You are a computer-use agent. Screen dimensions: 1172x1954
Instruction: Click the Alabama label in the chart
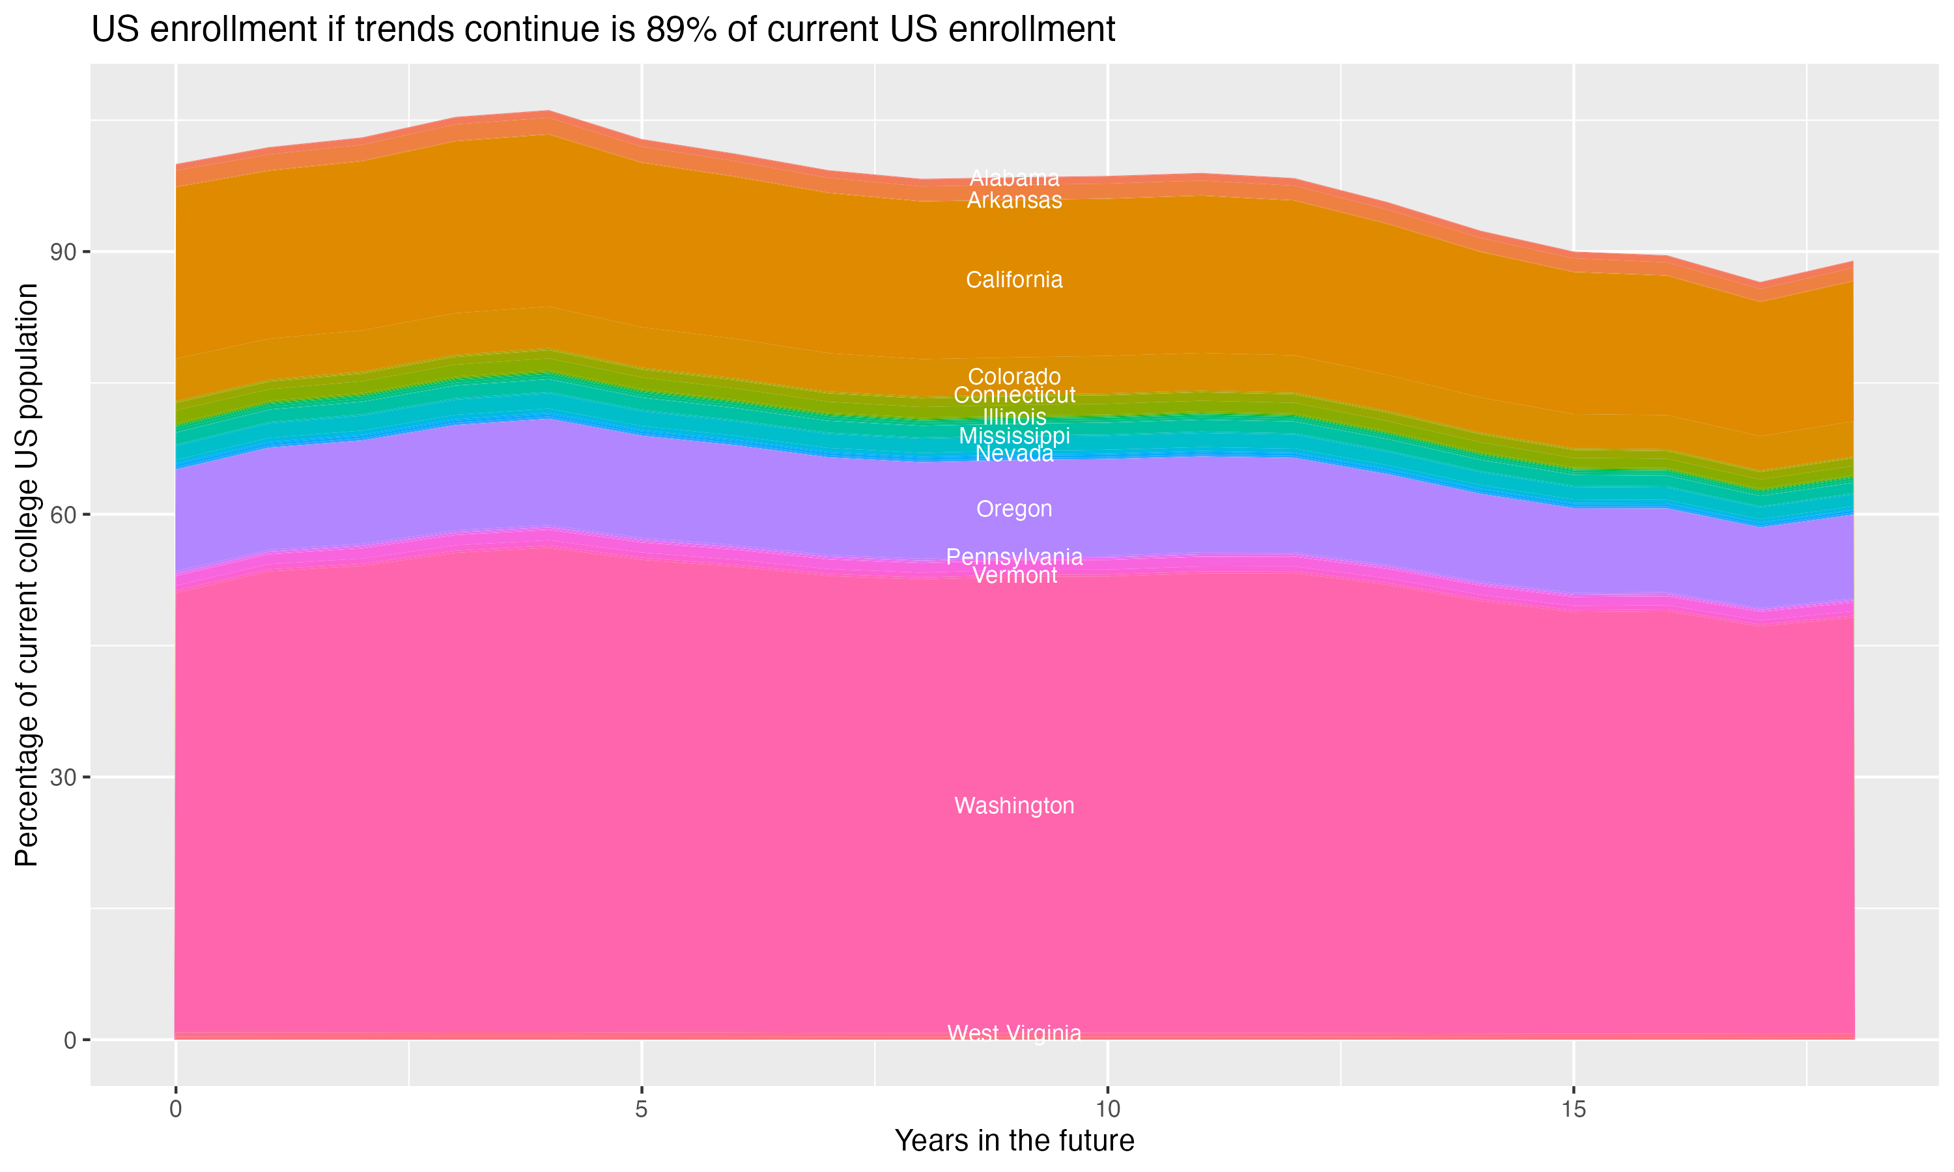[x=1014, y=178]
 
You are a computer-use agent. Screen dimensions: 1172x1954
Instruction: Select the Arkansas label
[x=1014, y=201]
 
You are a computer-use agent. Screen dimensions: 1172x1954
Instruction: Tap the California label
[x=1014, y=279]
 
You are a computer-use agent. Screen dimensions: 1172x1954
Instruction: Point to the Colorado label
[x=1014, y=377]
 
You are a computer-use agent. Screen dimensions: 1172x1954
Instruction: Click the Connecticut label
[x=1014, y=395]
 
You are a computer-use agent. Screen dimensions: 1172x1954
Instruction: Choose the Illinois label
[x=1014, y=416]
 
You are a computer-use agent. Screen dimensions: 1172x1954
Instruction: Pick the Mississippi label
[x=1014, y=436]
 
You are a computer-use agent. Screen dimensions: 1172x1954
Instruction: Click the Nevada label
[x=1014, y=454]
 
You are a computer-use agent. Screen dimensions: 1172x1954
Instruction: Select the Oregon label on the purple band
[x=1014, y=509]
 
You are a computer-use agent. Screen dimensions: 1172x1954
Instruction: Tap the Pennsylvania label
[x=1014, y=557]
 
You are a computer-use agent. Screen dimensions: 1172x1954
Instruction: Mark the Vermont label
[x=1014, y=576]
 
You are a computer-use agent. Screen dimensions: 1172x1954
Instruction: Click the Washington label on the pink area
[x=1014, y=805]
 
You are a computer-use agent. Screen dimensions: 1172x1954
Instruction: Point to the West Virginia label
[x=1014, y=1033]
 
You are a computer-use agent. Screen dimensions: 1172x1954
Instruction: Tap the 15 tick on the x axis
[x=1574, y=1109]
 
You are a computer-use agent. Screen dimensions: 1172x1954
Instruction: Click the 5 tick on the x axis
[x=642, y=1109]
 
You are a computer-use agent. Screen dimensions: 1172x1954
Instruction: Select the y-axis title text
[x=27, y=575]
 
